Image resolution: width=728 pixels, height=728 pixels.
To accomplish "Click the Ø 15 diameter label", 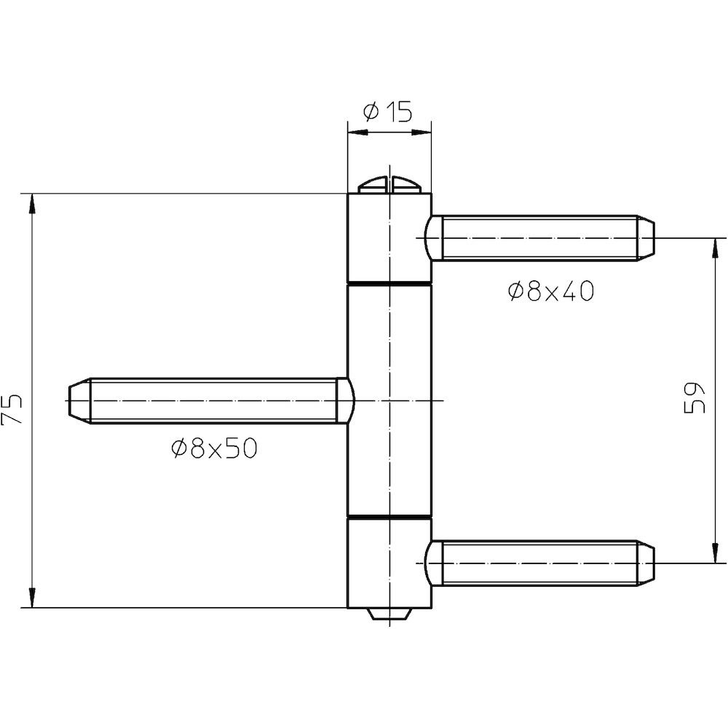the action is click(388, 112).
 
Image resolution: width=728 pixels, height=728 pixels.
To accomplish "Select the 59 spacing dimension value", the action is click(695, 398).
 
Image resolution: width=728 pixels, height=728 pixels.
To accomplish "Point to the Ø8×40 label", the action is click(550, 292).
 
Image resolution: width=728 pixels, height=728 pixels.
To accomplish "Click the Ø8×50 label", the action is click(214, 448).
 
